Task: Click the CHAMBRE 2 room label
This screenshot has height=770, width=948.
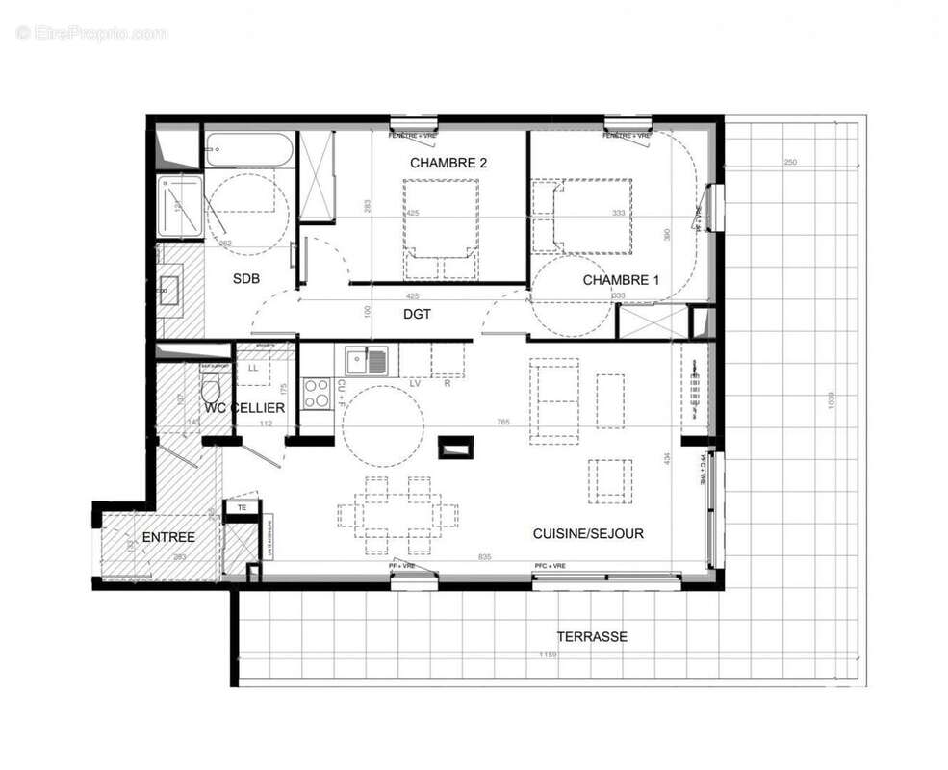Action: [x=448, y=163]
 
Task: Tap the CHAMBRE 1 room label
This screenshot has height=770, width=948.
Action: [x=621, y=280]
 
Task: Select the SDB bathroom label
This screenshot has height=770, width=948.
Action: [x=249, y=280]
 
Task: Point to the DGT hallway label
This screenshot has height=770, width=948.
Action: [x=417, y=314]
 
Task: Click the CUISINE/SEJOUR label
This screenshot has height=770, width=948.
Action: [x=588, y=533]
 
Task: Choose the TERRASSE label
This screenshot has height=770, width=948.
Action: [x=591, y=636]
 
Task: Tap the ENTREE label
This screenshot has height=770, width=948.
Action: [x=168, y=537]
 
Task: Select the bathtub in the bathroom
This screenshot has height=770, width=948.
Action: [x=248, y=150]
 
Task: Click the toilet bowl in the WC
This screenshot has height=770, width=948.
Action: [x=212, y=390]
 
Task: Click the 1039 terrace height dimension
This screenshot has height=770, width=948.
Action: [x=832, y=400]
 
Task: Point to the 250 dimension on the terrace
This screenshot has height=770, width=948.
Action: [x=789, y=162]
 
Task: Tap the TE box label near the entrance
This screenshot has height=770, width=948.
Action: [x=242, y=506]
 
